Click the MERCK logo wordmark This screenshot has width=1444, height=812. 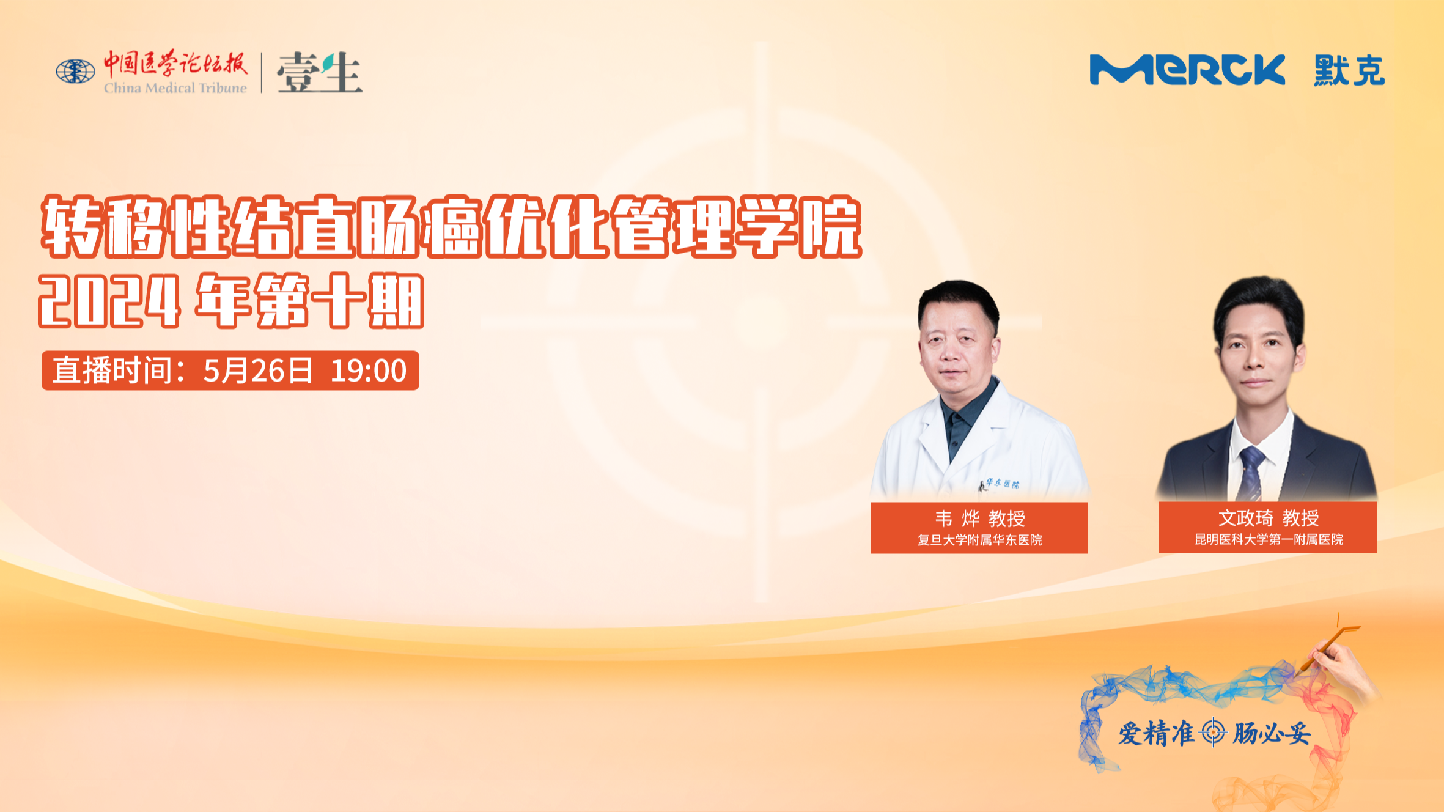tap(1187, 70)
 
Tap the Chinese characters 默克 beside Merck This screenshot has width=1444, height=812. tap(1349, 70)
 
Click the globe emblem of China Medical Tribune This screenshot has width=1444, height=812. tap(75, 72)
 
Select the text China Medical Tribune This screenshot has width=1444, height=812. tap(175, 88)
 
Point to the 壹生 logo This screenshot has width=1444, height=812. tap(319, 72)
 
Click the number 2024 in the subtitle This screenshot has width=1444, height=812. tap(109, 301)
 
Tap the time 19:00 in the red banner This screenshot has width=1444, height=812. tap(369, 371)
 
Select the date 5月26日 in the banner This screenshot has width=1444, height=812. tap(258, 371)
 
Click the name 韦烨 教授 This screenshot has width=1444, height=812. tap(980, 519)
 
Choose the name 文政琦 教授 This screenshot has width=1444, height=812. tap(1269, 518)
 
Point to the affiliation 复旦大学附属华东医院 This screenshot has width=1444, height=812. tap(980, 540)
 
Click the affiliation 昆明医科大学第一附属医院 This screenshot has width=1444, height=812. tap(1269, 539)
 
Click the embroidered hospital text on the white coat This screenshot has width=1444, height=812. tap(1001, 484)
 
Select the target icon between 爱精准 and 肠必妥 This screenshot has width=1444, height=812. tap(1213, 733)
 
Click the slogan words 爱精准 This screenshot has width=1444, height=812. tap(1156, 733)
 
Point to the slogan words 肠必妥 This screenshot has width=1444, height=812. tap(1272, 733)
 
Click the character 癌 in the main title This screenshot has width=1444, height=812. tap(453, 226)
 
